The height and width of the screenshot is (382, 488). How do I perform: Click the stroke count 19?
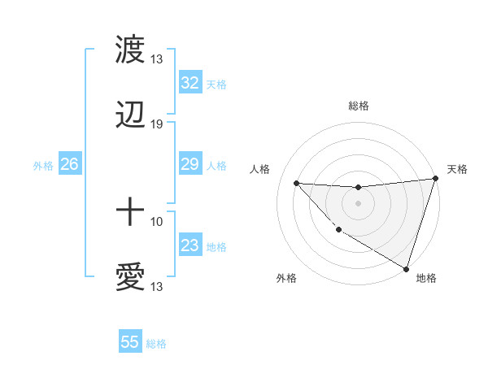pyautogui.click(x=157, y=124)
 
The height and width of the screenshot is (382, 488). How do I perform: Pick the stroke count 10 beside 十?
pyautogui.click(x=157, y=221)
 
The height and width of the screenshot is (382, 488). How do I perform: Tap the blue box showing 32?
pyautogui.click(x=190, y=83)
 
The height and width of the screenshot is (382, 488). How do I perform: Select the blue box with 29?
pyautogui.click(x=190, y=164)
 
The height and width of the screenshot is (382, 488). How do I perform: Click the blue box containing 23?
pyautogui.click(x=190, y=245)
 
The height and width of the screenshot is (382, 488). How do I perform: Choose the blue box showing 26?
pyautogui.click(x=69, y=164)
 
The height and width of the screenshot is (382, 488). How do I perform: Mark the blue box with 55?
pyautogui.click(x=130, y=342)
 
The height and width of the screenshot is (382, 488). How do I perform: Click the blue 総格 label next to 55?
pyautogui.click(x=156, y=344)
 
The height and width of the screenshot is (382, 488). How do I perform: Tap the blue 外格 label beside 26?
pyautogui.click(x=43, y=166)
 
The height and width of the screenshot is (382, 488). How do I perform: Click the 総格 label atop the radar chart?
pyautogui.click(x=359, y=106)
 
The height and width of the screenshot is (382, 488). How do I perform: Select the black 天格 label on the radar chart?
pyautogui.click(x=457, y=169)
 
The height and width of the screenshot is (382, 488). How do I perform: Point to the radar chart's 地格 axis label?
pyautogui.click(x=426, y=278)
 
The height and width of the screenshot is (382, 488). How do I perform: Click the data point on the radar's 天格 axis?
pyautogui.click(x=435, y=179)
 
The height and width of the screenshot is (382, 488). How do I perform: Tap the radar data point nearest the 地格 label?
pyautogui.click(x=406, y=268)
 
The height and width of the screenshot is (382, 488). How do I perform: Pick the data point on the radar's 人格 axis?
pyautogui.click(x=296, y=183)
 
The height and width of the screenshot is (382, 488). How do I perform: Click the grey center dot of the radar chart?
pyautogui.click(x=358, y=203)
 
